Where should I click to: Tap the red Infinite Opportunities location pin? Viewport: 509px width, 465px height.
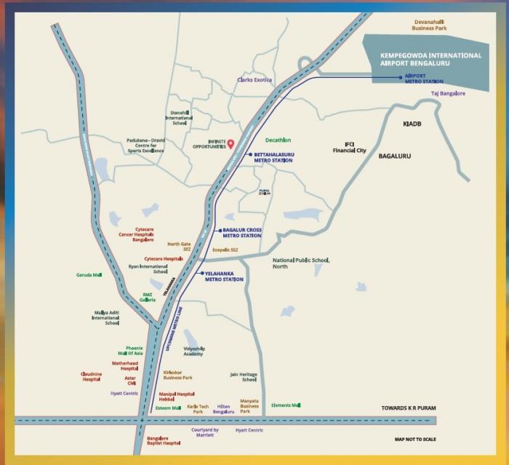pyautogui.click(x=231, y=143)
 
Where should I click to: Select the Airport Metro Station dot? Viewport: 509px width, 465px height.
pyautogui.click(x=400, y=76)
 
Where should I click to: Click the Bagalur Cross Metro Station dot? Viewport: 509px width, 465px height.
pyautogui.click(x=220, y=231)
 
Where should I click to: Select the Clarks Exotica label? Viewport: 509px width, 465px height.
pyautogui.click(x=254, y=80)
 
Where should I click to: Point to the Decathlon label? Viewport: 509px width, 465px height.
pyautogui.click(x=278, y=140)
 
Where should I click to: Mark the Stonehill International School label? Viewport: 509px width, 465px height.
pyautogui.click(x=180, y=118)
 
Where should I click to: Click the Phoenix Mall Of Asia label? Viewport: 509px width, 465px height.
pyautogui.click(x=135, y=351)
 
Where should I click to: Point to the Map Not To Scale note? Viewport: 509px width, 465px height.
pyautogui.click(x=416, y=440)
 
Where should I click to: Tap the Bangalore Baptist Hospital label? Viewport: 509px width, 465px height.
pyautogui.click(x=164, y=441)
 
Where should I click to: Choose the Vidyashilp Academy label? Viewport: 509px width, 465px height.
pyautogui.click(x=193, y=351)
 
